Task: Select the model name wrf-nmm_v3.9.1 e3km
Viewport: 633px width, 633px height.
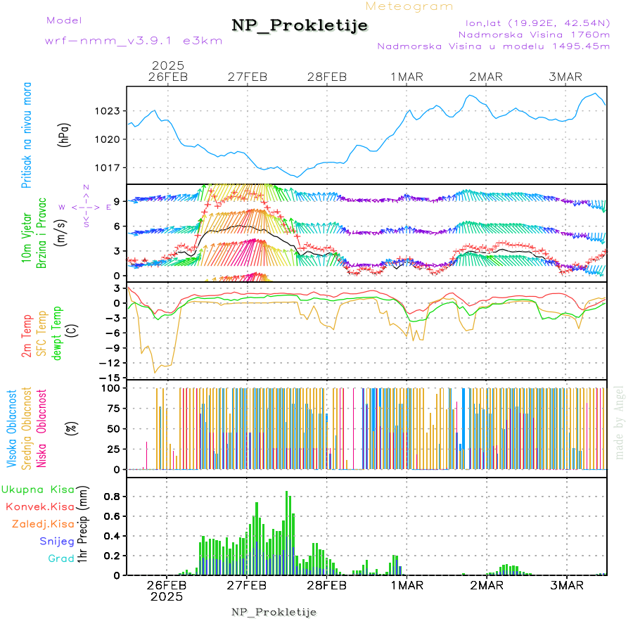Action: [134, 40]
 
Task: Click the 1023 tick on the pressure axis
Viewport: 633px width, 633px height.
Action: [108, 111]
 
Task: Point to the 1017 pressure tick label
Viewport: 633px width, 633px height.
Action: [108, 167]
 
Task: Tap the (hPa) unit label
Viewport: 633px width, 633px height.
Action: [64, 134]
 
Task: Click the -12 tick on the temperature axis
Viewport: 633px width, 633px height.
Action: [112, 363]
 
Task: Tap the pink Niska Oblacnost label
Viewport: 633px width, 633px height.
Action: [41, 442]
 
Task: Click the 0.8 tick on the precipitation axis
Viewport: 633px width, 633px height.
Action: [113, 496]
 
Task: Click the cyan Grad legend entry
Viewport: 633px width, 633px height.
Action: [61, 558]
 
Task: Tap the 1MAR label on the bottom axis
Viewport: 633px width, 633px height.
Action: [407, 585]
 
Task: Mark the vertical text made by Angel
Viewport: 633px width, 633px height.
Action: [620, 422]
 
